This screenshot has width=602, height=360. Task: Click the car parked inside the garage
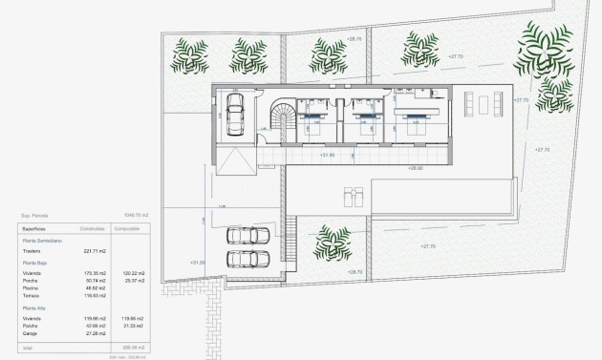click(237, 114)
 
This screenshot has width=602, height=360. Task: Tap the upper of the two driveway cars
click(239, 237)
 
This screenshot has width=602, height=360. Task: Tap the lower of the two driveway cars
click(239, 258)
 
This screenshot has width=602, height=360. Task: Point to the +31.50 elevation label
click(328, 154)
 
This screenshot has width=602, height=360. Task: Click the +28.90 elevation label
click(415, 167)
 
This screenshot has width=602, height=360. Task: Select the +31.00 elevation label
click(198, 262)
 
